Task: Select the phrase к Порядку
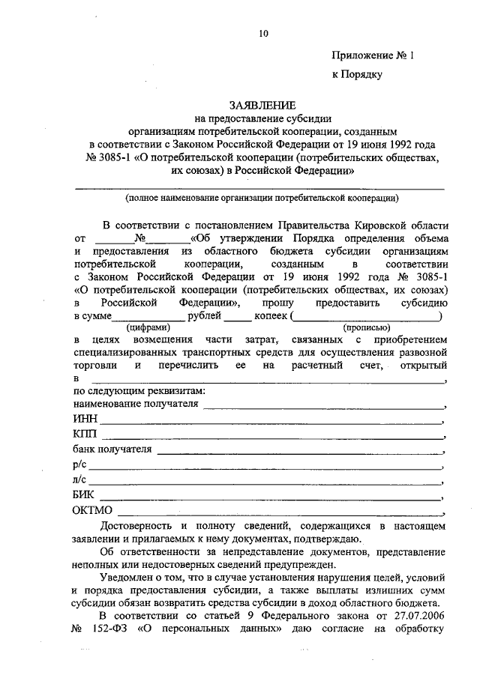click(x=358, y=74)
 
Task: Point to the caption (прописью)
click(x=366, y=327)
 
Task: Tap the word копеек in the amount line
click(x=269, y=317)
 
